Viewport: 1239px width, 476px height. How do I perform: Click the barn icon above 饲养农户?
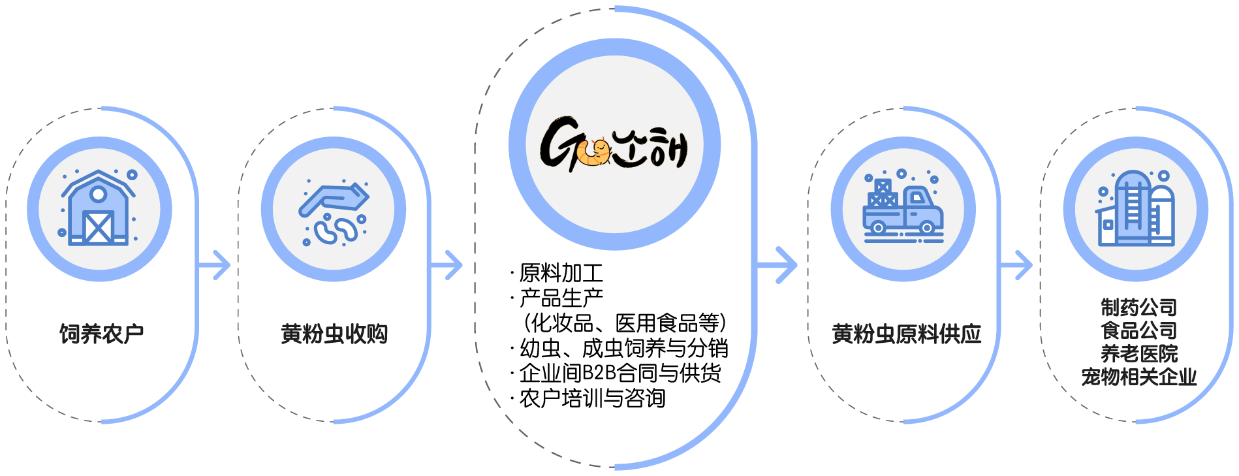tap(99, 208)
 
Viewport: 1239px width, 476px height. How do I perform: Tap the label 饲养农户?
tap(101, 334)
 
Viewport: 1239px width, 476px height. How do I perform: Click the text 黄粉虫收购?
tap(334, 334)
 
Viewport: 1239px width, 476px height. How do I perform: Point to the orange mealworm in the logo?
tap(595, 153)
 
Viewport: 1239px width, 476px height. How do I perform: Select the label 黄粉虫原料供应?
tap(906, 334)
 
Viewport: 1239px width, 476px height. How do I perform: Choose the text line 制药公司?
tap(1138, 307)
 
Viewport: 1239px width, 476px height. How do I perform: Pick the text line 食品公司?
tap(1138, 330)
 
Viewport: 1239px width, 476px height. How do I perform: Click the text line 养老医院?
tap(1138, 354)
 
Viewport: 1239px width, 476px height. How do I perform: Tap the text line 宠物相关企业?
tap(1138, 377)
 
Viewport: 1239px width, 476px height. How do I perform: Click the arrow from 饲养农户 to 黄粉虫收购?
tap(215, 265)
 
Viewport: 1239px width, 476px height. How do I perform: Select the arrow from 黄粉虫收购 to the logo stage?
tap(448, 265)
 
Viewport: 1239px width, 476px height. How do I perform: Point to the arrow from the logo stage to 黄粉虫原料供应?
tap(779, 265)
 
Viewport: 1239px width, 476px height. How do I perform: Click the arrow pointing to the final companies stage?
tap(1017, 265)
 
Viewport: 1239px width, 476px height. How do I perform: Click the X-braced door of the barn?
tap(99, 227)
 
